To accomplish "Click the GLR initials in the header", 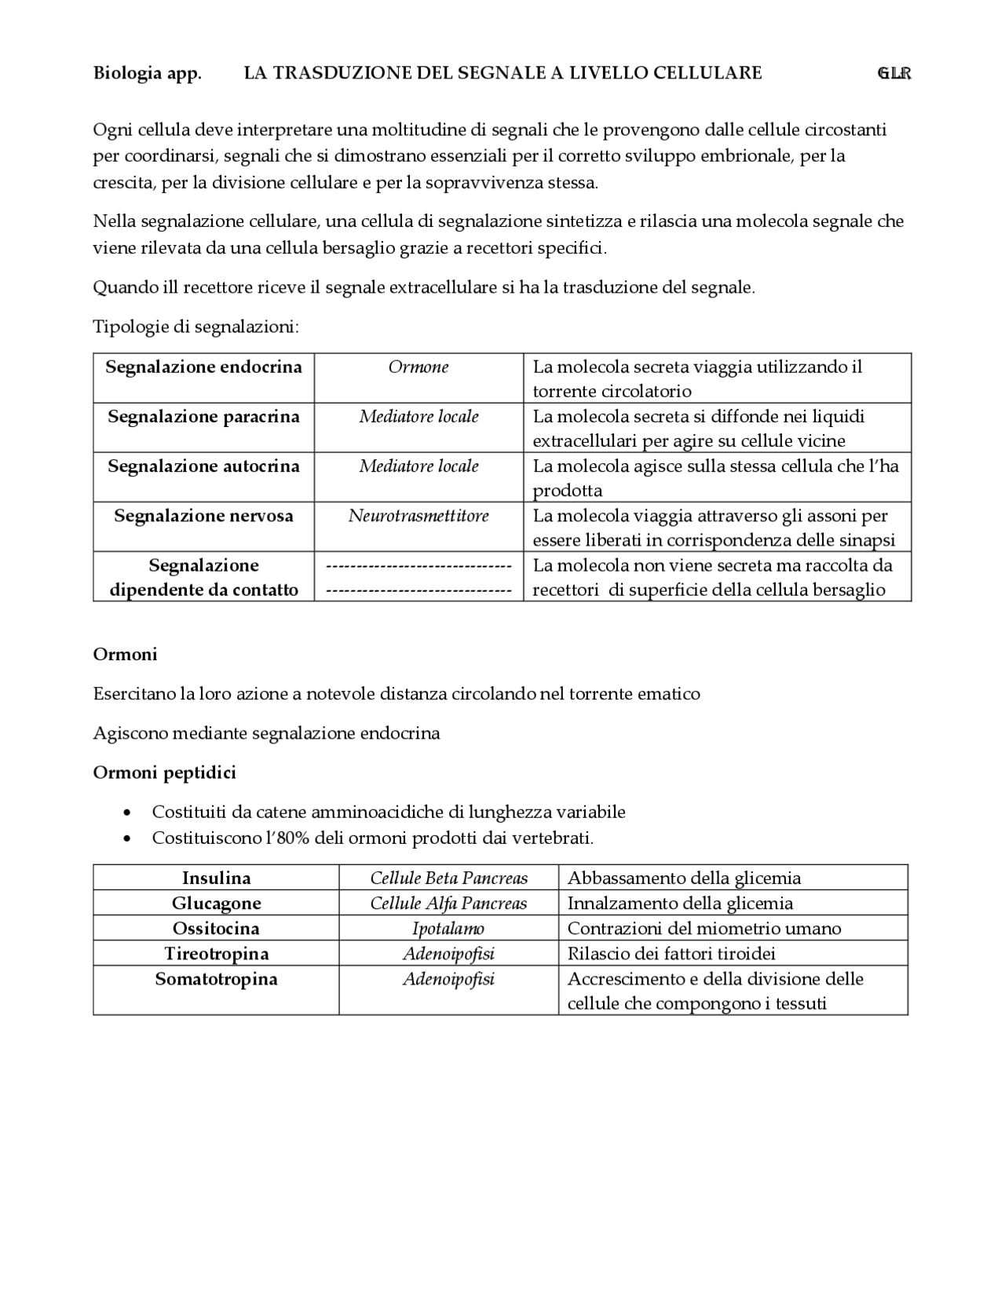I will (x=894, y=73).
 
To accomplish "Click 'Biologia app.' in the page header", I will (x=147, y=73).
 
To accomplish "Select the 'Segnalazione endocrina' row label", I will (x=203, y=367).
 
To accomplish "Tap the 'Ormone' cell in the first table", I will (x=418, y=367).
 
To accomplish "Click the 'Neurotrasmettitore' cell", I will (x=418, y=516).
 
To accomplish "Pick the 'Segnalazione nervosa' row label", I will (x=203, y=516).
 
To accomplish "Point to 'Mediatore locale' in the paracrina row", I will (x=418, y=416).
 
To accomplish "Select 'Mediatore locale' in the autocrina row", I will (x=418, y=466).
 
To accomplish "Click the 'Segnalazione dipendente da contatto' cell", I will (x=203, y=577).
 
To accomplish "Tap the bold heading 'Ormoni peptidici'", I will (x=164, y=772).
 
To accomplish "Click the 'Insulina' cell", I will (x=216, y=878).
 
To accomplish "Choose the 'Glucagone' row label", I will (x=216, y=903).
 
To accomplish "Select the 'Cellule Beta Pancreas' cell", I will (x=448, y=878).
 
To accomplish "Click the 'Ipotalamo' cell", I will (x=448, y=929).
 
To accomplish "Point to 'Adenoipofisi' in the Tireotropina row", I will (x=448, y=954).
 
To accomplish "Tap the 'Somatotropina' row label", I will (x=216, y=979).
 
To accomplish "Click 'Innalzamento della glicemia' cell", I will (x=680, y=903).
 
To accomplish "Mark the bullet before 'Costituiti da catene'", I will (x=128, y=812).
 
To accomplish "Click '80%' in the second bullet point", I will (x=282, y=838).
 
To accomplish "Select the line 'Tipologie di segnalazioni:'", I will (x=196, y=327).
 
